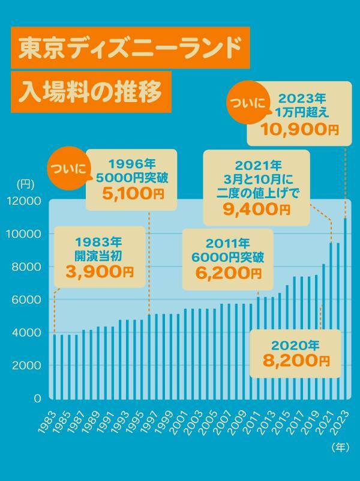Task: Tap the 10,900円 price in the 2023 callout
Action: [x=299, y=129]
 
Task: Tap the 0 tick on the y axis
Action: [x=37, y=398]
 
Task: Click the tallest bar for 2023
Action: [x=345, y=306]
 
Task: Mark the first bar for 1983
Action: [x=54, y=365]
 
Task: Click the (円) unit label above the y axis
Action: [x=26, y=183]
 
